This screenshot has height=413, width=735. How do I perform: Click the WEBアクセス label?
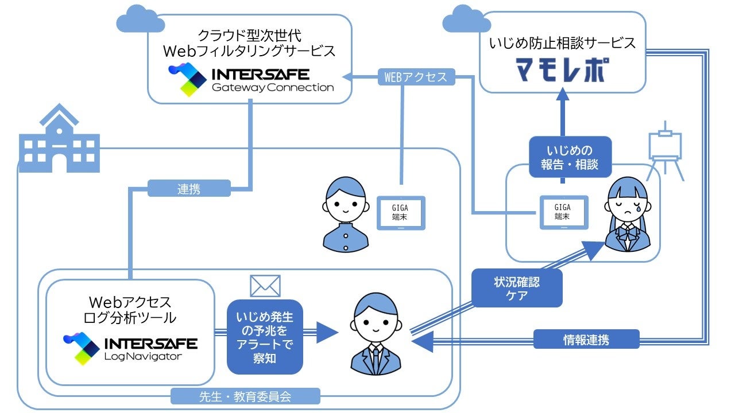416,77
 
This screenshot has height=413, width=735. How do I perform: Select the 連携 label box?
189,189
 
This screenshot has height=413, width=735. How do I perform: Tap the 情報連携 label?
586,340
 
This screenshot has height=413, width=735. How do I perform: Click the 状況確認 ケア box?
517,289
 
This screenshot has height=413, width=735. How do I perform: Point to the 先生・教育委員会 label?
245,396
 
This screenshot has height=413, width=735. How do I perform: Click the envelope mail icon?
265,286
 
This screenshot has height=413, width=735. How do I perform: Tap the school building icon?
60,139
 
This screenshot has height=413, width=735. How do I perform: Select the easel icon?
665,148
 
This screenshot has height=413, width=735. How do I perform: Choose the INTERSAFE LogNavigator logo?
130,349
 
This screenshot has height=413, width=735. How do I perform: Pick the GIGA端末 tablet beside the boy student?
401,212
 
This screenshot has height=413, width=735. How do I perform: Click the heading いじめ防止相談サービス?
563,44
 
